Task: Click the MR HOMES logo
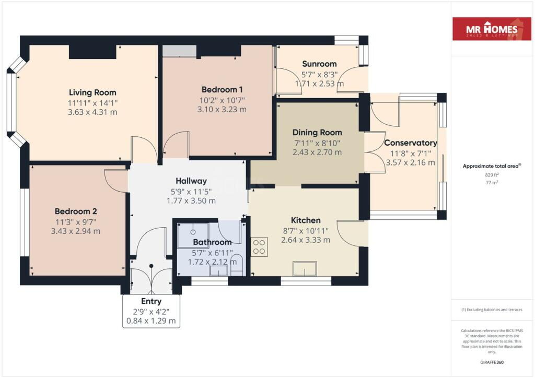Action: click(492, 29)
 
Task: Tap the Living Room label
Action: click(92, 92)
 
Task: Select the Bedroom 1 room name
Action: click(222, 90)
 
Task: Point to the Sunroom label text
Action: click(319, 64)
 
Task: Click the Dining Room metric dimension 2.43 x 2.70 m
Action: click(317, 152)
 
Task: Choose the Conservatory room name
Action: click(411, 143)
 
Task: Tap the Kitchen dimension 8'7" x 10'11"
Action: click(306, 231)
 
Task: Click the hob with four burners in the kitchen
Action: click(259, 247)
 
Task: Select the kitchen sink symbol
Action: click(305, 268)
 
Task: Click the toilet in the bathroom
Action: click(237, 266)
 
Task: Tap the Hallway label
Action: click(191, 181)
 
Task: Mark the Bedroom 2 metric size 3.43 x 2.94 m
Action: click(76, 231)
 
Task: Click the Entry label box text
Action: click(151, 301)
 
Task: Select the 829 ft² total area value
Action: click(492, 175)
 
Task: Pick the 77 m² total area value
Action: click(492, 182)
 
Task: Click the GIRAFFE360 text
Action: click(492, 362)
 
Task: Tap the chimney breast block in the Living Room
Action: click(93, 52)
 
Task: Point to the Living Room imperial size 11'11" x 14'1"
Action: click(92, 103)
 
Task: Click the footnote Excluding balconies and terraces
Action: click(492, 310)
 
